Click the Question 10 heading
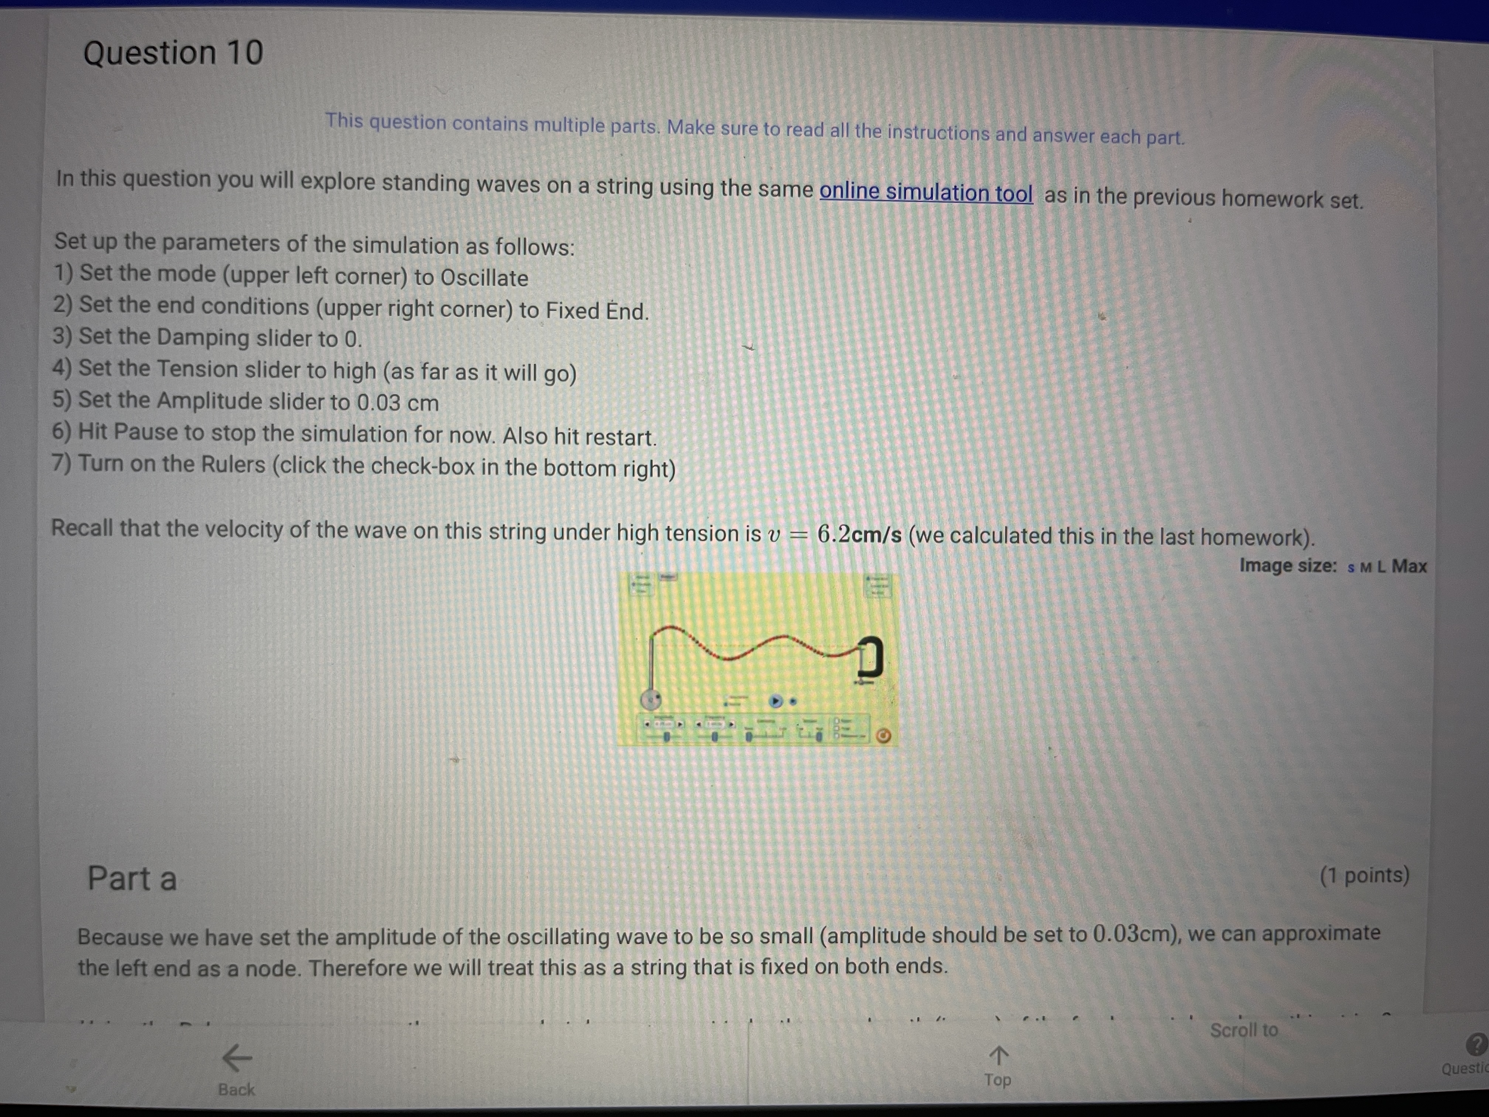pos(173,52)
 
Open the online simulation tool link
pos(925,192)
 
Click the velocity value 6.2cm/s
pos(859,534)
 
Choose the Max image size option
pos(1409,566)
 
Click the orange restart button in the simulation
pos(883,736)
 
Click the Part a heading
pos(132,879)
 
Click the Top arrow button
pos(997,1066)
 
